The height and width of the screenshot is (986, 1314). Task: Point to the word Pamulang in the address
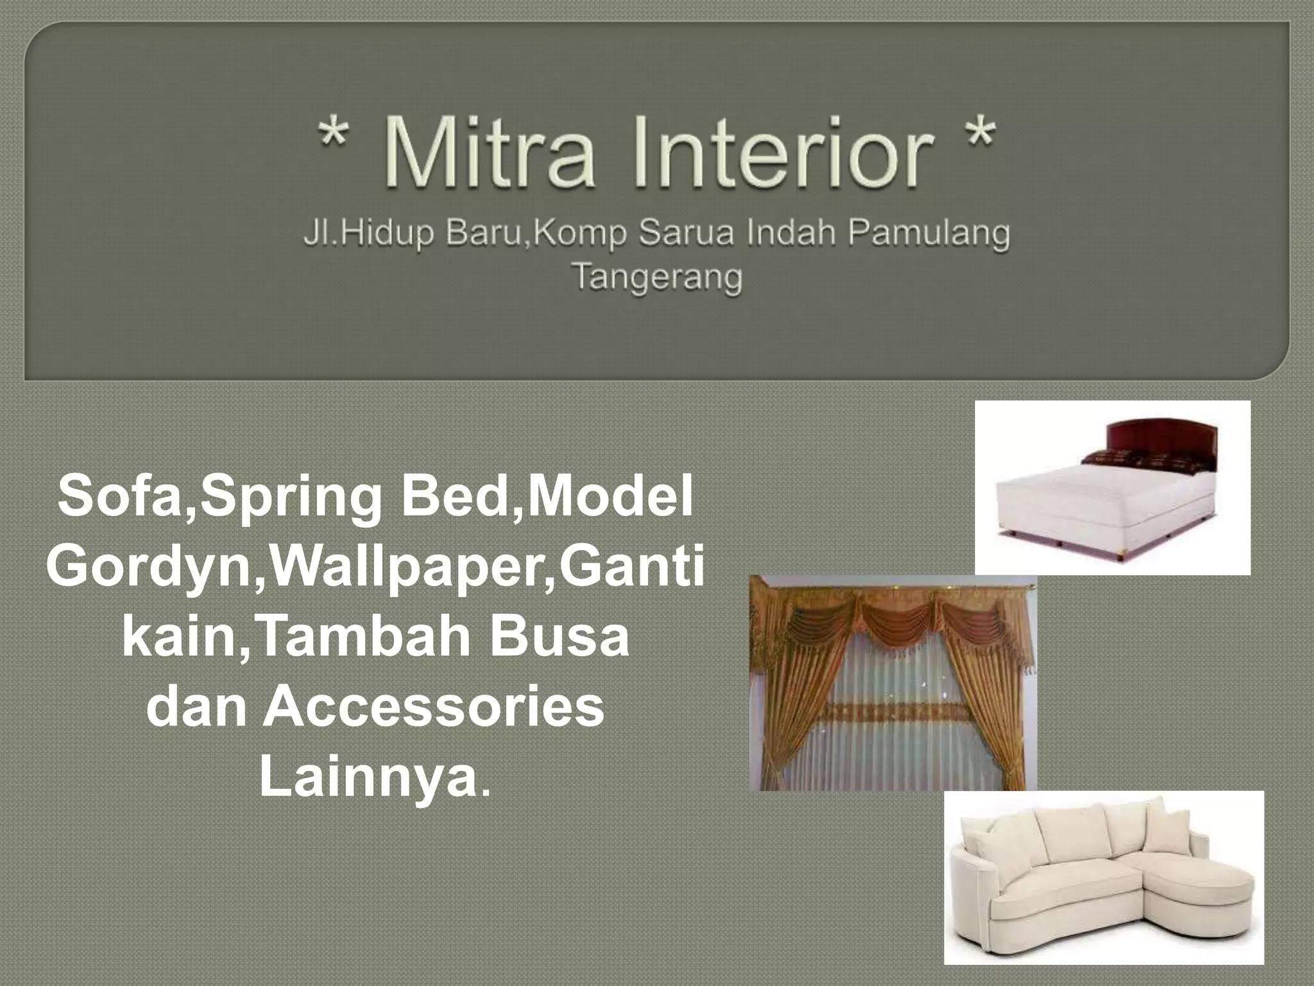[x=928, y=234]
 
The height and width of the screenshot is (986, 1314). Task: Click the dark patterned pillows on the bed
[x=1136, y=460]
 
